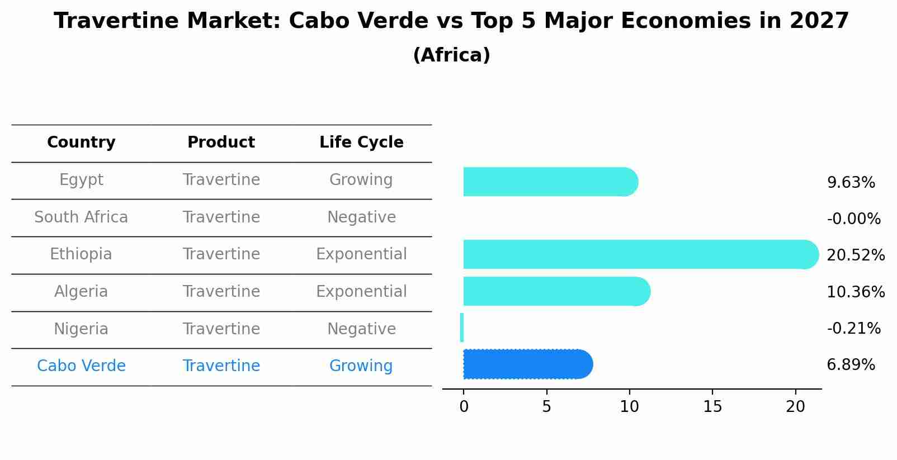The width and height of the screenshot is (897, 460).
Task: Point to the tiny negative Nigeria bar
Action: click(x=462, y=328)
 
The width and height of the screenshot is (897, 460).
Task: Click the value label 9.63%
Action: click(x=851, y=183)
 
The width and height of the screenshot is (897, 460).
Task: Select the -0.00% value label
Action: click(x=853, y=219)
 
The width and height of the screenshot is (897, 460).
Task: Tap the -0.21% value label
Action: click(x=853, y=328)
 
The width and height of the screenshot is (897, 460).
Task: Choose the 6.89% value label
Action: click(x=851, y=365)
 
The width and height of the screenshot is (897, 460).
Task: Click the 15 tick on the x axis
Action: click(x=712, y=407)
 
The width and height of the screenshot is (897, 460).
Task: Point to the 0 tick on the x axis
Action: click(x=464, y=407)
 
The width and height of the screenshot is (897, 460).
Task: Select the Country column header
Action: click(x=81, y=143)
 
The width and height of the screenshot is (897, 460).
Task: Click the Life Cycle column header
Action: click(x=361, y=143)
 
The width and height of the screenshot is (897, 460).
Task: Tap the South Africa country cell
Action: click(x=81, y=217)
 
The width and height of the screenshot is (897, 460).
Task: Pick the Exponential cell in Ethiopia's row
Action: click(x=361, y=254)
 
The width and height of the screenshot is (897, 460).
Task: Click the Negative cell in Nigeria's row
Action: click(x=361, y=329)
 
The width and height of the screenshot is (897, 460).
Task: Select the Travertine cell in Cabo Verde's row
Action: click(x=221, y=366)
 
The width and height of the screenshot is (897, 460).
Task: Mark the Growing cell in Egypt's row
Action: click(x=361, y=180)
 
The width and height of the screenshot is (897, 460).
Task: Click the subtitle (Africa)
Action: click(x=451, y=55)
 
